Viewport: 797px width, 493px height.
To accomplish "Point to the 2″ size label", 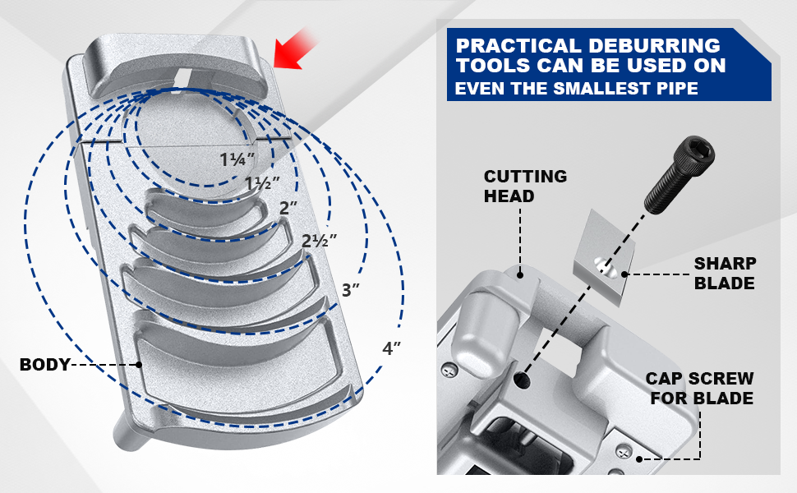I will pos(288,209).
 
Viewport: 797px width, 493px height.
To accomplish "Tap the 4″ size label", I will pos(392,348).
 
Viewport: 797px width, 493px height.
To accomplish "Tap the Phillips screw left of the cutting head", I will pos(449,371).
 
